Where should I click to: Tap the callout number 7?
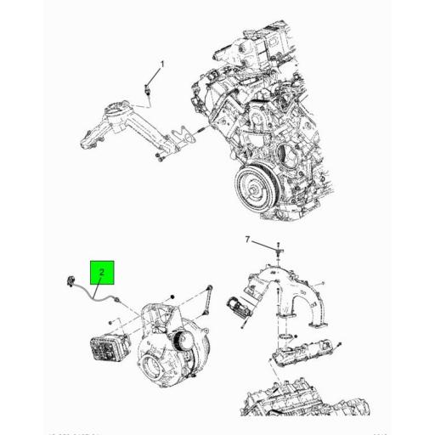(248, 240)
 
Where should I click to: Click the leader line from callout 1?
(156, 76)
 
